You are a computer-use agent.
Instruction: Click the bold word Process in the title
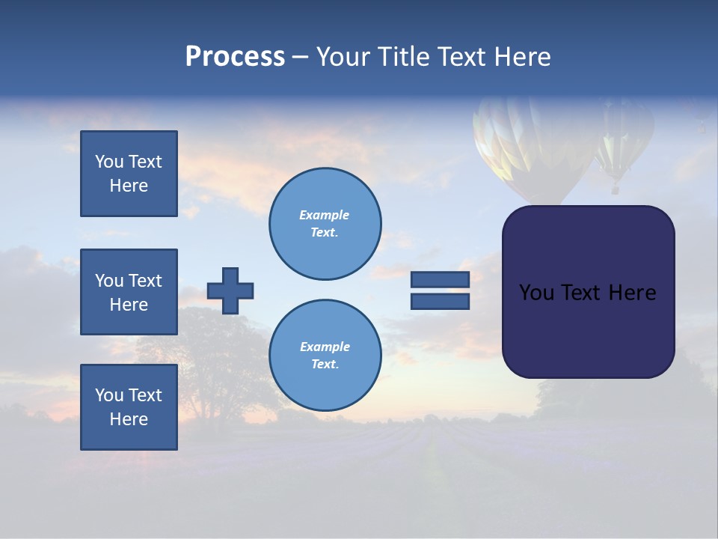tap(235, 57)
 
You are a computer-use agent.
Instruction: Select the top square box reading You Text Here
tap(129, 174)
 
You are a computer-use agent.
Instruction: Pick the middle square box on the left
tap(129, 292)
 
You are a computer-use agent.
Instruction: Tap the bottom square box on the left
tap(129, 407)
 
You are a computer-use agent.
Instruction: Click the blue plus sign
tap(230, 290)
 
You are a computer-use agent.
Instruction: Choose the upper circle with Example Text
tap(325, 224)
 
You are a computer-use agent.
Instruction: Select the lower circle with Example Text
tap(325, 355)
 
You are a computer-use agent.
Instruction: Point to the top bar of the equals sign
tap(440, 279)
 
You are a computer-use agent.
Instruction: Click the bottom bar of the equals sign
tap(440, 301)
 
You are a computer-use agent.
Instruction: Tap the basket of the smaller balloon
tap(615, 189)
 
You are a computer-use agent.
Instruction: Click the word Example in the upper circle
tap(325, 215)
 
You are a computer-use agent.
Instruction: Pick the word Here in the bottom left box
tap(129, 419)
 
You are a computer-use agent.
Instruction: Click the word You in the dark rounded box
tap(536, 293)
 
